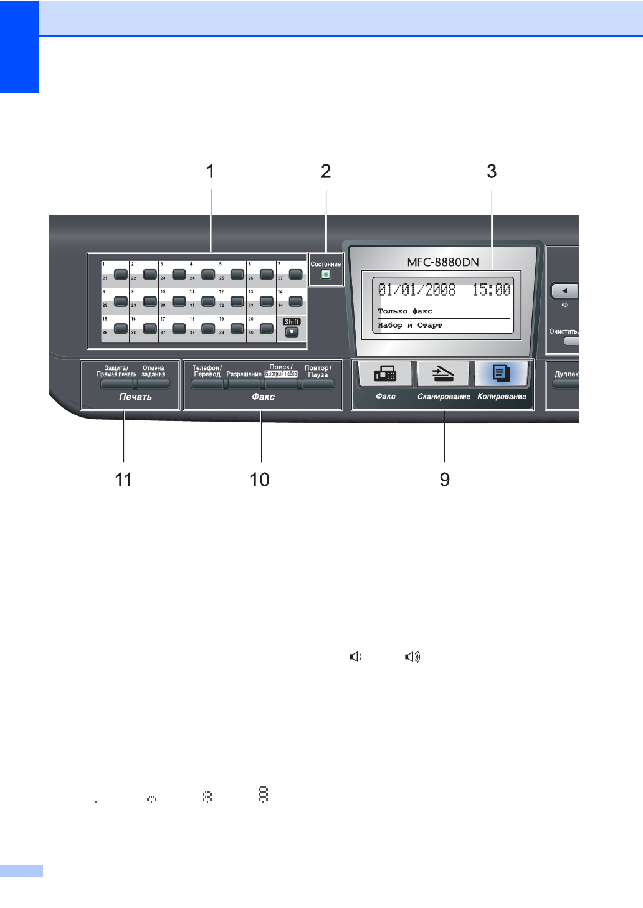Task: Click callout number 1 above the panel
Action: [x=211, y=171]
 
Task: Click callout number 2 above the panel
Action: [x=326, y=171]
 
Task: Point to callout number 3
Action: [x=492, y=171]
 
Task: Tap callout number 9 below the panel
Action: [x=445, y=480]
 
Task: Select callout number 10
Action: [x=260, y=480]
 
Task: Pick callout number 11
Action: [x=123, y=480]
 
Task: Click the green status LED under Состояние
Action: [x=325, y=274]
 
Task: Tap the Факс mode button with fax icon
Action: [x=385, y=374]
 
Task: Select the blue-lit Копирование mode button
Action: [x=502, y=374]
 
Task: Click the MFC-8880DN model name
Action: [x=443, y=262]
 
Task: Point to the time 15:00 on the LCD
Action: [x=491, y=290]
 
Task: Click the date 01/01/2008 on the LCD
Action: [x=417, y=290]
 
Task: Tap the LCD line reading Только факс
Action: [x=405, y=311]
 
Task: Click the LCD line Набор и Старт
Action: [x=409, y=325]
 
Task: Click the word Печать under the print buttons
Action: [x=135, y=397]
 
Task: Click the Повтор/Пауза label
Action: [x=318, y=371]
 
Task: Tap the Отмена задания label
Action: [x=153, y=371]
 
